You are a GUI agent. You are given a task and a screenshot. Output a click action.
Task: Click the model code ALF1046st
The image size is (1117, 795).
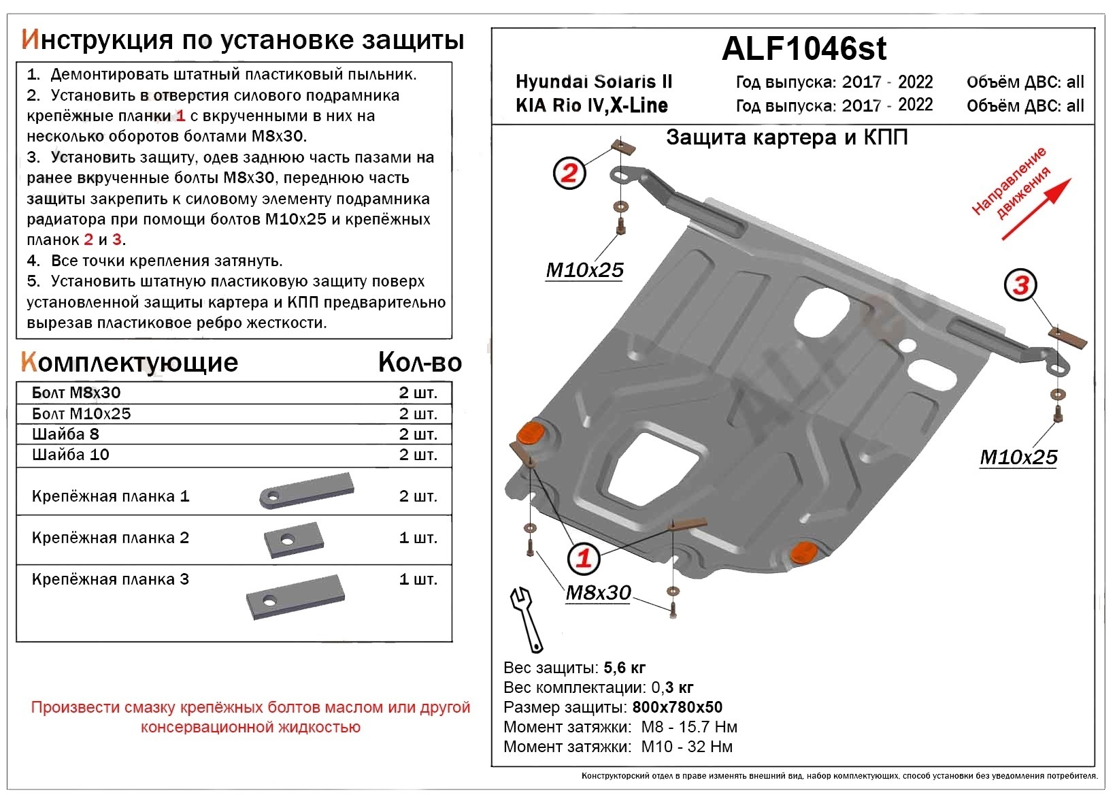click(804, 49)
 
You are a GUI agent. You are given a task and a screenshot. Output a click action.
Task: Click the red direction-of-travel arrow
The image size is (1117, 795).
click(1036, 209)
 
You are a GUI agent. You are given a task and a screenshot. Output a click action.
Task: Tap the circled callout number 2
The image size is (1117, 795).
click(569, 173)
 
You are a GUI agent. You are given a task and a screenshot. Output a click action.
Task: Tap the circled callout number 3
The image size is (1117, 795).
click(1020, 285)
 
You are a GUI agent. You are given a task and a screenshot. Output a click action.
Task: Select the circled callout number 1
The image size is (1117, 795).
click(584, 559)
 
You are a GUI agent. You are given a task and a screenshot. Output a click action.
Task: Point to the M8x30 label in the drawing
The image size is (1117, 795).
click(598, 593)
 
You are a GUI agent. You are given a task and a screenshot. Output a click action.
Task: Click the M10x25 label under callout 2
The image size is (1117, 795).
click(584, 270)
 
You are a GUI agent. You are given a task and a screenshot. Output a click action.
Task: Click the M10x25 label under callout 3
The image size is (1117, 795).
click(1018, 457)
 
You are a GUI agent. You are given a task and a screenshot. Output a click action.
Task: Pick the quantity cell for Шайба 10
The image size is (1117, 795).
click(418, 455)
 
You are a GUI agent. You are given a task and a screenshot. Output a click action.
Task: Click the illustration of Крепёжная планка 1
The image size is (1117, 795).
click(306, 491)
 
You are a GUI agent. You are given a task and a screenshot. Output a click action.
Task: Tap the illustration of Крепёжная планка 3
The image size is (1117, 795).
click(295, 597)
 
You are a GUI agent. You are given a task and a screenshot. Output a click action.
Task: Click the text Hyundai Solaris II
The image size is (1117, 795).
click(593, 82)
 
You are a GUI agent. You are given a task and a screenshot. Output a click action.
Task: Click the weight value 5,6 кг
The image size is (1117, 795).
click(624, 668)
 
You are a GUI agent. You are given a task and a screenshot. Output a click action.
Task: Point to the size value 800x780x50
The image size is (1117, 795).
click(677, 707)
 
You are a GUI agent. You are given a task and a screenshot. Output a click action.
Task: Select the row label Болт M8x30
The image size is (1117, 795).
click(76, 393)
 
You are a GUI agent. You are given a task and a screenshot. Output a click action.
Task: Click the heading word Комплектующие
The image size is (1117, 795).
click(129, 363)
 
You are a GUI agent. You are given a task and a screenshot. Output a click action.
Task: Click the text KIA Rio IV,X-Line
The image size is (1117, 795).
click(591, 106)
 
